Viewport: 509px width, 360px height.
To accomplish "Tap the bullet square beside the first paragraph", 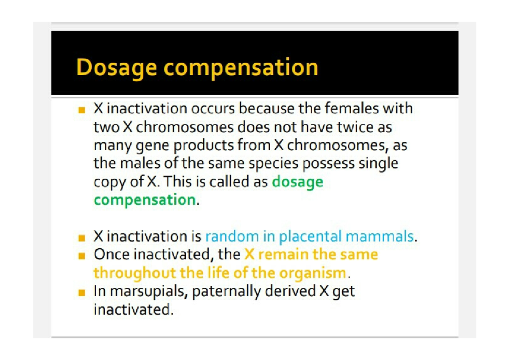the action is pos(81,110).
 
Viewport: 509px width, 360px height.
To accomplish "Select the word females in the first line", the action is pos(352,108).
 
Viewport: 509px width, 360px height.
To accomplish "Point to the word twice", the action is pos(355,127).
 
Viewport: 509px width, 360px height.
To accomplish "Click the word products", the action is pos(204,146).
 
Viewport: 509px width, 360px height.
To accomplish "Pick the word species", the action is pos(274,164).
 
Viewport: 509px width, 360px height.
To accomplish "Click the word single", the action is pos(378,164).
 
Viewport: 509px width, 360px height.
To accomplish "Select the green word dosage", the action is pos(298,183).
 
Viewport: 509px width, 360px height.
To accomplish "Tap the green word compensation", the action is pos(145,200).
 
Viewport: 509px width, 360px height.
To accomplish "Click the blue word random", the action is pos(232,236).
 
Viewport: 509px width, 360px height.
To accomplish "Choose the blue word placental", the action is pos(310,236).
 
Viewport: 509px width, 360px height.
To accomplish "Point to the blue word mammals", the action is pos(380,236).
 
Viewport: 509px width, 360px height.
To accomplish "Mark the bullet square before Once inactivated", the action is pos(81,256).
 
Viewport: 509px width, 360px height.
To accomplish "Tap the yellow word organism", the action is pos(313,273).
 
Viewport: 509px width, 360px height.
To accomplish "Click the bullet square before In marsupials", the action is pos(81,292).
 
